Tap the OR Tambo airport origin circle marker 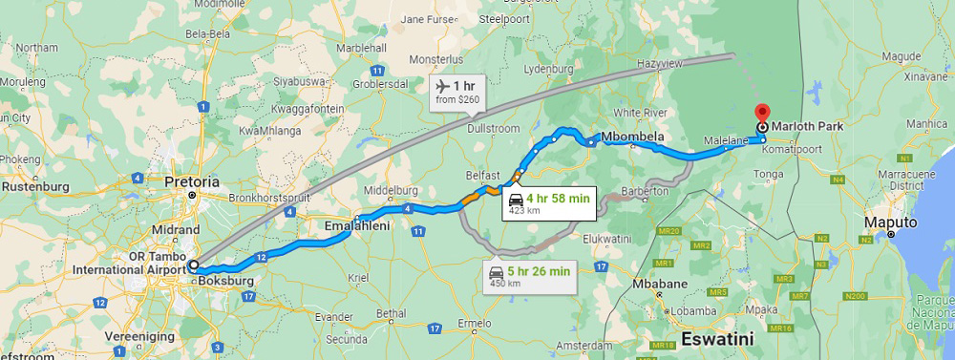click(x=193, y=265)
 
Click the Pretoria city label click(x=191, y=181)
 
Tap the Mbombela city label click(x=631, y=137)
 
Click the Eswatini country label click(x=717, y=337)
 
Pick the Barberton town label click(x=645, y=192)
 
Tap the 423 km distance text click(x=524, y=211)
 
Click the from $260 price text click(x=457, y=99)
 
